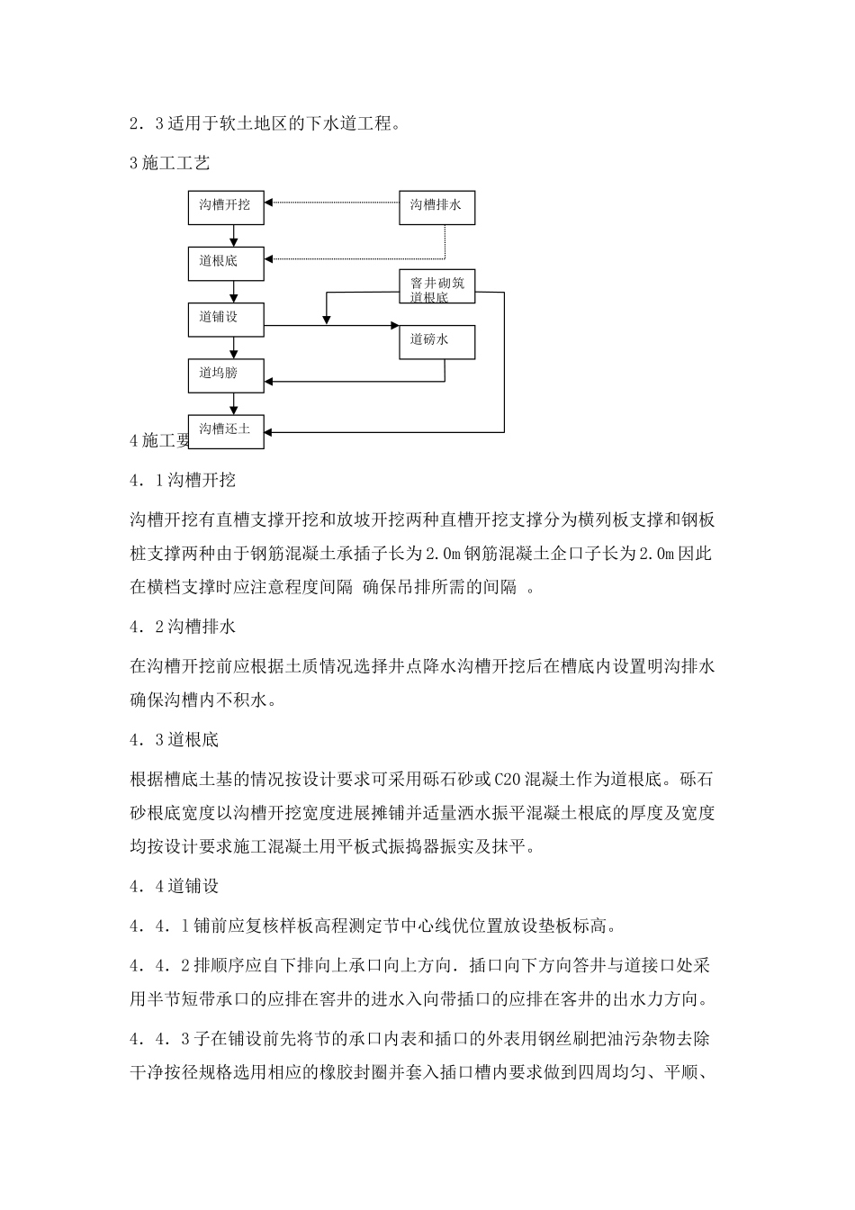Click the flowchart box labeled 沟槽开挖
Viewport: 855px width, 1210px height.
[226, 206]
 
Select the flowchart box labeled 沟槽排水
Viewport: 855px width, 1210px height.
[436, 206]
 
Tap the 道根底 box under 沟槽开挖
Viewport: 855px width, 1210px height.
[226, 262]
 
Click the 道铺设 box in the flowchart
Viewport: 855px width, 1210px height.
[226, 318]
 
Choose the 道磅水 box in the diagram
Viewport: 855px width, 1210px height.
[436, 340]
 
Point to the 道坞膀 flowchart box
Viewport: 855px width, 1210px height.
[226, 374]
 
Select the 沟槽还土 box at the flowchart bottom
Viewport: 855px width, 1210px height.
[226, 429]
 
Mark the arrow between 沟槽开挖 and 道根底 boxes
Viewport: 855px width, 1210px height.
[234, 235]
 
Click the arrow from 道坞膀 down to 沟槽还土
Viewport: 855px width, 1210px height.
[234, 402]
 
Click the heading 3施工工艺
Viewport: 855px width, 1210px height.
[170, 163]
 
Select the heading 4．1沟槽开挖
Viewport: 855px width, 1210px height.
[183, 481]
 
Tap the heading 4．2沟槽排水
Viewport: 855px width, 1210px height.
[183, 627]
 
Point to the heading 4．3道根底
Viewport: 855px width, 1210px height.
[175, 740]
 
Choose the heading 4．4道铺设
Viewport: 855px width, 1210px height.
[175, 887]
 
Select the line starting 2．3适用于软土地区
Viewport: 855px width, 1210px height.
[265, 124]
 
